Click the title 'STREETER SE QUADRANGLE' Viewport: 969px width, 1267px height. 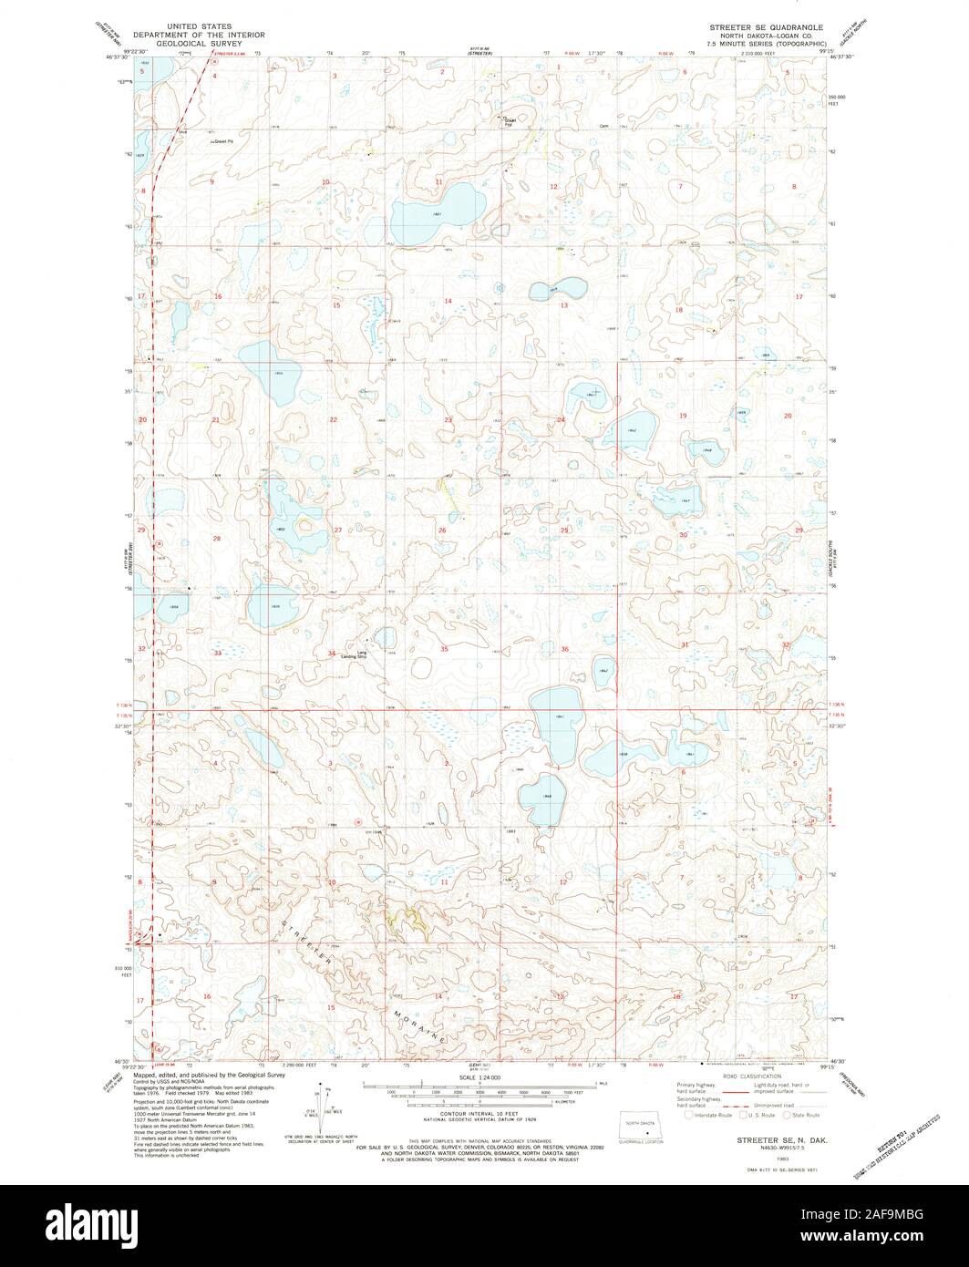click(x=768, y=28)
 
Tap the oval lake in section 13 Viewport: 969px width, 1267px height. click(x=557, y=289)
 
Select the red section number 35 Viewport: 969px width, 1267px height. click(x=444, y=649)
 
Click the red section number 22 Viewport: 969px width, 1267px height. click(x=334, y=419)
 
